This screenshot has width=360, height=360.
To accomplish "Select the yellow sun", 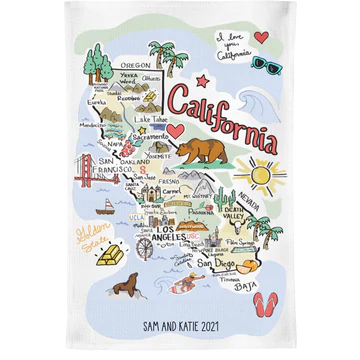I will tap(268, 177).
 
